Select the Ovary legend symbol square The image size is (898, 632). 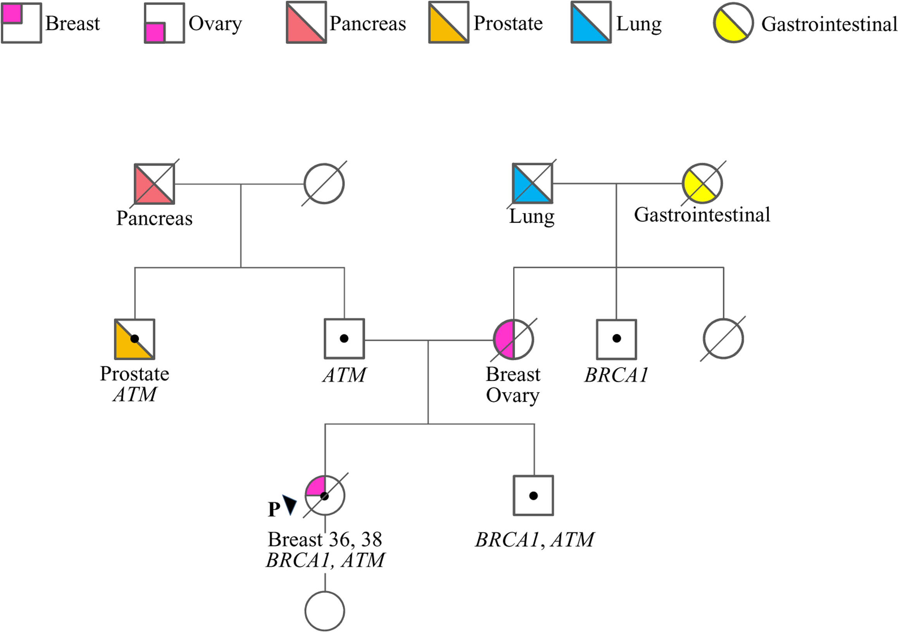164,23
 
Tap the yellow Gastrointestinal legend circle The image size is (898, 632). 733,23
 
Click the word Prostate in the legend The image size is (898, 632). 508,23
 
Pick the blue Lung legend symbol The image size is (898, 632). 591,22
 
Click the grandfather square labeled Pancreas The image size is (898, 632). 155,184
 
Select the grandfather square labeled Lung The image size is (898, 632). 533,183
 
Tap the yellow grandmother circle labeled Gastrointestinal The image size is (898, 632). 702,183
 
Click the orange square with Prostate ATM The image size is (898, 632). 134,339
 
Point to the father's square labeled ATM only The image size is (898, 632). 344,338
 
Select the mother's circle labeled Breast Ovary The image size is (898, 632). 514,339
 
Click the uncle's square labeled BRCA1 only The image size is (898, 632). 616,339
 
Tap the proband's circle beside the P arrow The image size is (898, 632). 325,496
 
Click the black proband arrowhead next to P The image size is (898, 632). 290,505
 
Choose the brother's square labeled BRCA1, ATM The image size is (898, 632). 533,496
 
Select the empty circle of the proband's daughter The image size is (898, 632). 325,611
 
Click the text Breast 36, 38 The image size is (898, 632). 325,539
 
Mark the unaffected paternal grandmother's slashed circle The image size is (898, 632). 324,184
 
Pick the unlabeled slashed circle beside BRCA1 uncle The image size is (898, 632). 723,339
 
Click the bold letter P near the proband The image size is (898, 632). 274,510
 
